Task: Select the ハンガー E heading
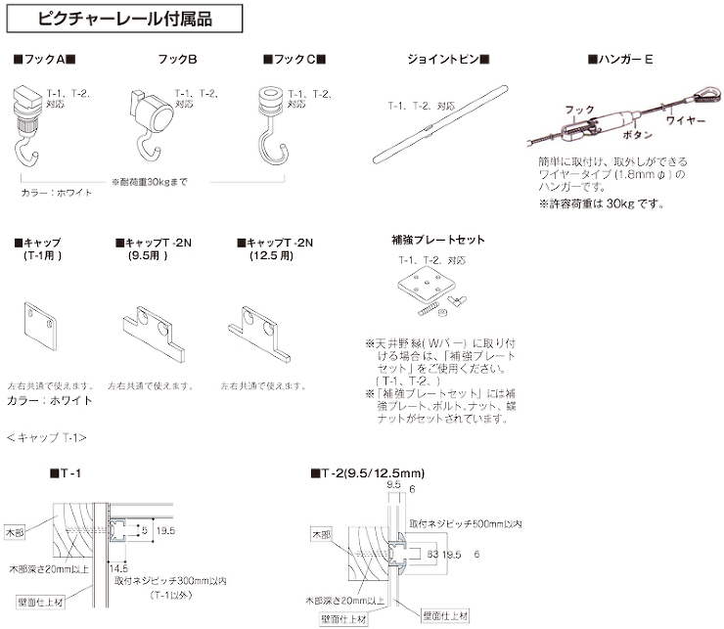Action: click(620, 61)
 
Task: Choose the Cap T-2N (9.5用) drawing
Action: click(151, 334)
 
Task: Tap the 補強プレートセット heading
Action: click(436, 240)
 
